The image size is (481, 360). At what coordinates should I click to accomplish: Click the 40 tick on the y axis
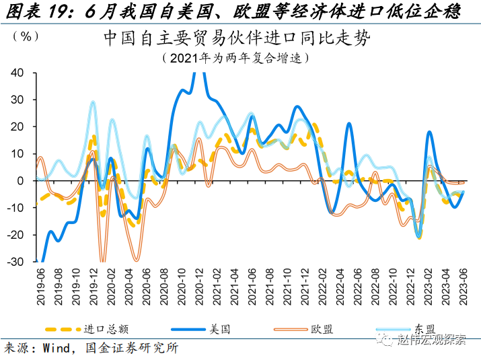[17, 73]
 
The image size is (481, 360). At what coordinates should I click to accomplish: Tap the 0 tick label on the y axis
[21, 180]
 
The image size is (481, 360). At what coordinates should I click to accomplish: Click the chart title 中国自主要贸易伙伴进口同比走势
[236, 38]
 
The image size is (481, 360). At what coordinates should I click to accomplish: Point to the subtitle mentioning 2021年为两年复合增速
[236, 58]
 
